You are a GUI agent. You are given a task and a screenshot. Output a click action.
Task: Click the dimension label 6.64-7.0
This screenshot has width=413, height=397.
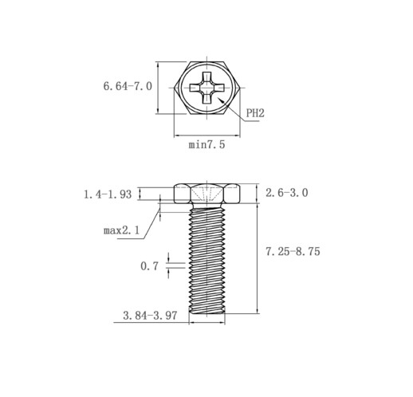pyautogui.click(x=128, y=86)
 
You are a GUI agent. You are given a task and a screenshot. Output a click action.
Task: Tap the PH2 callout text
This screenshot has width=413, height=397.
pyautogui.click(x=255, y=113)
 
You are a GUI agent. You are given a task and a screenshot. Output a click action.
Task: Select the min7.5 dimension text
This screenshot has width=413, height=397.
pyautogui.click(x=206, y=145)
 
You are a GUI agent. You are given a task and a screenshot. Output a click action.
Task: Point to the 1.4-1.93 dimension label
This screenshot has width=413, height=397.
pyautogui.click(x=108, y=195)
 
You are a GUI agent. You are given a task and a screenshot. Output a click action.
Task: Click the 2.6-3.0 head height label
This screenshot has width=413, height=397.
pyautogui.click(x=287, y=193)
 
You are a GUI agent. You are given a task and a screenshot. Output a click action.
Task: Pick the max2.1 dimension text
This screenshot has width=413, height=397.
pyautogui.click(x=121, y=230)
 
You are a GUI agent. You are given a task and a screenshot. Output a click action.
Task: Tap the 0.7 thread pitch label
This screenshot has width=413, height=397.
pyautogui.click(x=149, y=266)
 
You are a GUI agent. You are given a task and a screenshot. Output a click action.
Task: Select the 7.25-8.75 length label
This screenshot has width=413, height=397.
pyautogui.click(x=293, y=251)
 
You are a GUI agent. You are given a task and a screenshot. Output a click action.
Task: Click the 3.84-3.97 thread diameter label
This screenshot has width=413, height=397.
pyautogui.click(x=150, y=316)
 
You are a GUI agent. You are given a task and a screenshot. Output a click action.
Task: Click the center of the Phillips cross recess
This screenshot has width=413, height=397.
pyautogui.click(x=206, y=88)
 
